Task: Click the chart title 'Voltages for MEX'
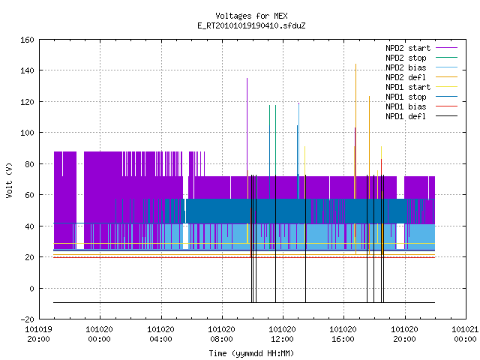click(251, 16)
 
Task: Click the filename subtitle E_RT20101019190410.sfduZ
click(251, 25)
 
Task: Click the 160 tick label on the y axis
click(27, 40)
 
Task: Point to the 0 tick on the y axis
click(31, 289)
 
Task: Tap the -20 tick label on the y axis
click(27, 319)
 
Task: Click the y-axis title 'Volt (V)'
click(9, 181)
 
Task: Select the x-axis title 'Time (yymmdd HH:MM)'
click(251, 353)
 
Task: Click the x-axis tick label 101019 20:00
click(38, 334)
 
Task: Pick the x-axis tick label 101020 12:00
click(282, 334)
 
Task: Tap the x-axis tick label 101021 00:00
click(465, 334)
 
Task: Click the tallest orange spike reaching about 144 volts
click(355, 159)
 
